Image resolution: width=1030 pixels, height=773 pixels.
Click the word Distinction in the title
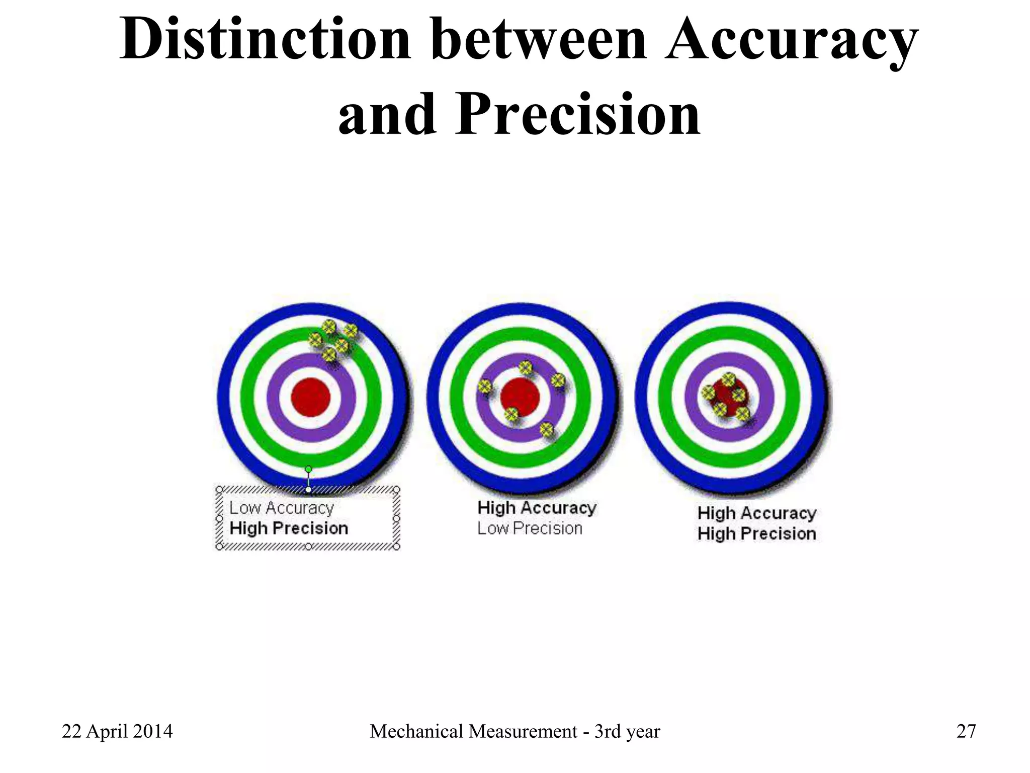[265, 39]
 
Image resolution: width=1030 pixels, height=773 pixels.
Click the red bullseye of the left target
[311, 397]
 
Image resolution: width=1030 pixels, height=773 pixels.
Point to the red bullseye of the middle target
[521, 397]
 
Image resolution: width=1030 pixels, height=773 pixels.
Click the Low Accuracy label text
[282, 508]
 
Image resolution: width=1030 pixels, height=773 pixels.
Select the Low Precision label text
[530, 528]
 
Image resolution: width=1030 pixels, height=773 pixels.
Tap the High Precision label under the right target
[756, 533]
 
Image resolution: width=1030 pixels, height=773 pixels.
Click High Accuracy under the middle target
[537, 508]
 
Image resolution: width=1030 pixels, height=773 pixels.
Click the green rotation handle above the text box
[308, 469]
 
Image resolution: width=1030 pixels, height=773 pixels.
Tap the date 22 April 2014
[117, 731]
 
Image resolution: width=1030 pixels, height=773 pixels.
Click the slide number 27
[966, 731]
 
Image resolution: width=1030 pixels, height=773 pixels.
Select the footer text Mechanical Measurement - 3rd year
[514, 731]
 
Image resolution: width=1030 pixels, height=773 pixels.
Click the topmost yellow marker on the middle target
[526, 367]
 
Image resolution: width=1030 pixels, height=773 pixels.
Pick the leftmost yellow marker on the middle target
[484, 386]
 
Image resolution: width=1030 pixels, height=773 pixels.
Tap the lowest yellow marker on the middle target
[546, 429]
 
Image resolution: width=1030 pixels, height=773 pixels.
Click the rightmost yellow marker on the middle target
[558, 380]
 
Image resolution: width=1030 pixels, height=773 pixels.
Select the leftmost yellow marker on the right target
[708, 392]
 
